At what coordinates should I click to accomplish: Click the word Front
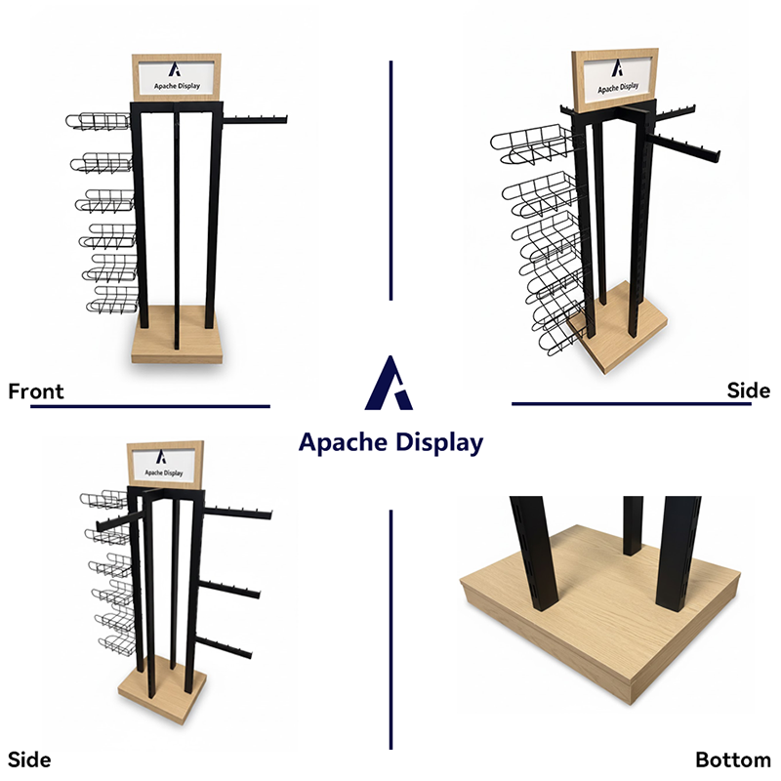tap(36, 391)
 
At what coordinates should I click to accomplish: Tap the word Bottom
tap(733, 760)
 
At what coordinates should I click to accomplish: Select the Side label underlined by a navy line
tap(748, 390)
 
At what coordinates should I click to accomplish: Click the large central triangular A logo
tap(389, 383)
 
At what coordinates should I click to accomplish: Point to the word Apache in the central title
tap(343, 442)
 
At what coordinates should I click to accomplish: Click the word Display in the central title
tap(439, 443)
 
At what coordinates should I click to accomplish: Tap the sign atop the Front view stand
tap(177, 77)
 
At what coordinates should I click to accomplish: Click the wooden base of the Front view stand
tap(177, 335)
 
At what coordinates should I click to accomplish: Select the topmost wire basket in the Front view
tap(99, 121)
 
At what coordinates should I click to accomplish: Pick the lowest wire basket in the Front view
tap(113, 301)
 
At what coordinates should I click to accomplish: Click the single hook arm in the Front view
tap(255, 119)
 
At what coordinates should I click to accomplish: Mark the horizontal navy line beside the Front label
tap(150, 406)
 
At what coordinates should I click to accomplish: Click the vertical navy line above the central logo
tap(391, 181)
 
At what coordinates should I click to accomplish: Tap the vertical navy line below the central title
tap(391, 630)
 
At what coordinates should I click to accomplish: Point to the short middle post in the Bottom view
tap(633, 525)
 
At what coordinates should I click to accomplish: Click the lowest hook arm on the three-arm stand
tap(224, 646)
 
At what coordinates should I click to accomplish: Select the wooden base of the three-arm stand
tap(163, 689)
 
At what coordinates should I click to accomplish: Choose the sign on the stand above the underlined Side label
tap(615, 80)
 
